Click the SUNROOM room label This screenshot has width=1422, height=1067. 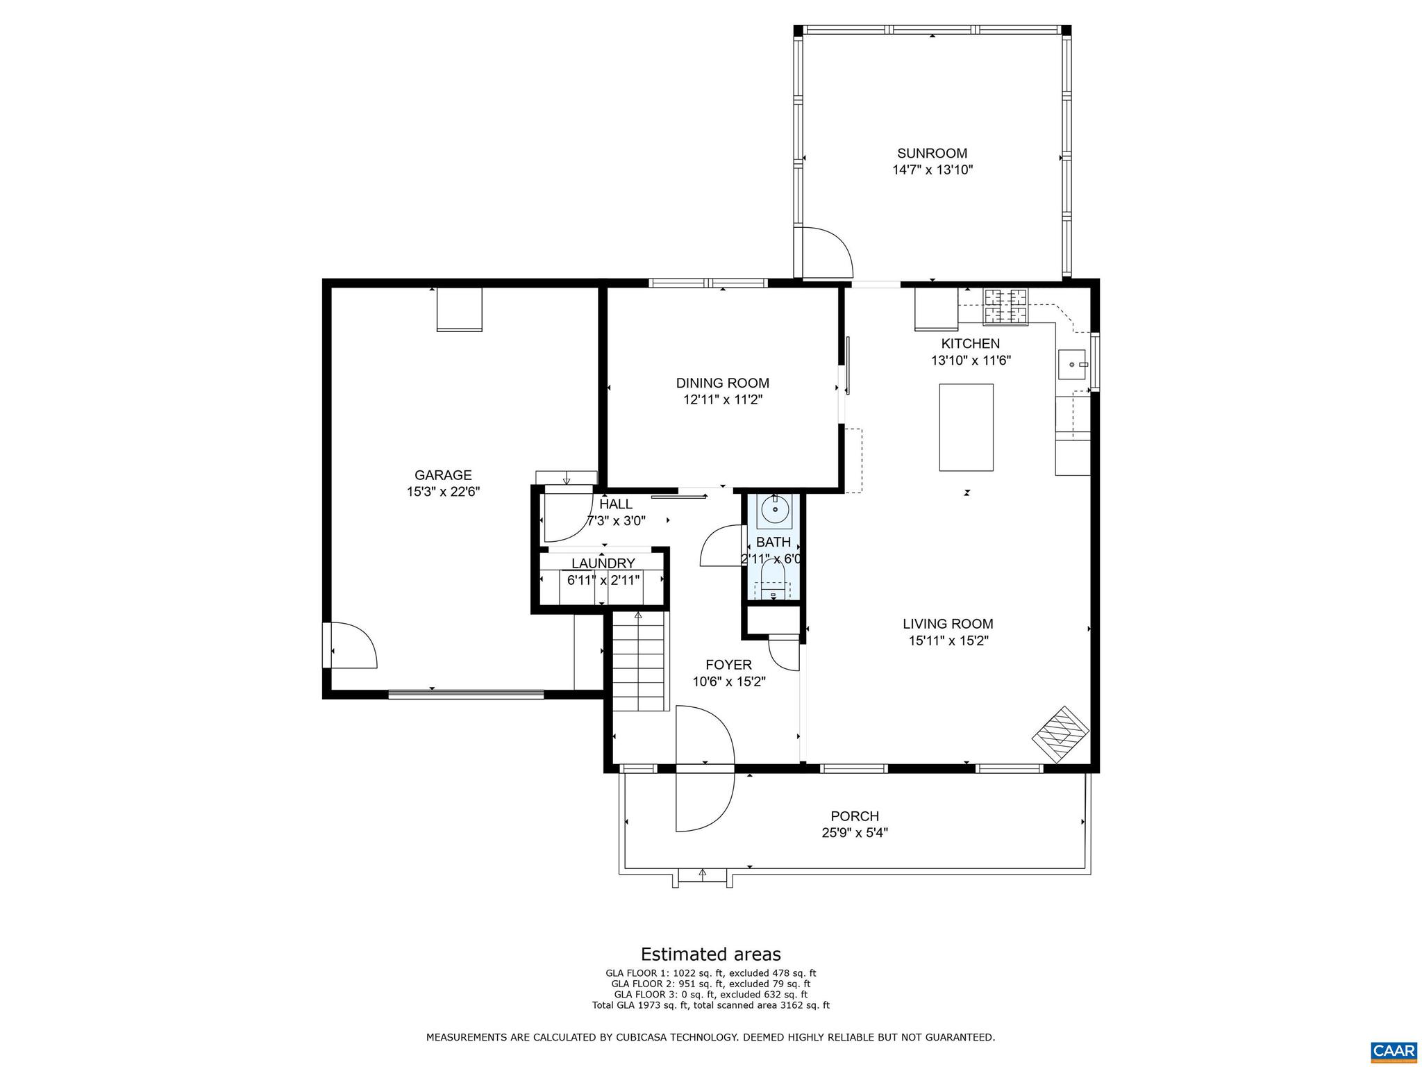(932, 154)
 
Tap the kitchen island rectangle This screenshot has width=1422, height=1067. (966, 427)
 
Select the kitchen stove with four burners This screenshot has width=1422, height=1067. (1004, 306)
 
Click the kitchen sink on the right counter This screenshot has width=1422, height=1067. (1073, 364)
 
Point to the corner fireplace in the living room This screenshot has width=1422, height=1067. (1060, 736)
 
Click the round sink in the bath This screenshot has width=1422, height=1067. (774, 510)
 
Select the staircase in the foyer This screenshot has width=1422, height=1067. (639, 660)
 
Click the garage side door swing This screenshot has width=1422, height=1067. (352, 645)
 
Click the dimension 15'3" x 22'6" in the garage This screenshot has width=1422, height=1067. (443, 492)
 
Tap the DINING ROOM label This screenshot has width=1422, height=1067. (722, 383)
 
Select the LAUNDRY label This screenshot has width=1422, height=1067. (603, 563)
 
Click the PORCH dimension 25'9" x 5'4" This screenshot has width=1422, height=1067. (855, 833)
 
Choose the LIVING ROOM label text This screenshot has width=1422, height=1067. (948, 624)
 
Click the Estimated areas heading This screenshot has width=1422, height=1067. (710, 954)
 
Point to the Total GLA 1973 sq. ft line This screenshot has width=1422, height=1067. (710, 1005)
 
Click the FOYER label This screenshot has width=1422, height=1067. (728, 665)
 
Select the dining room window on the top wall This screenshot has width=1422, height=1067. (708, 283)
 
